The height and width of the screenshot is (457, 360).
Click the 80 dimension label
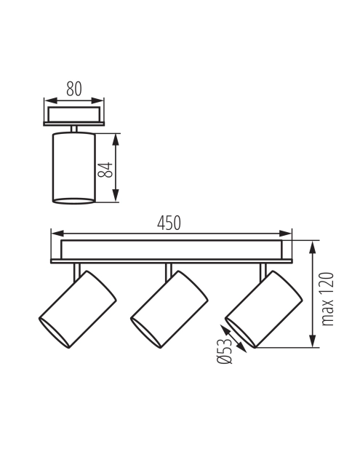[x=74, y=89]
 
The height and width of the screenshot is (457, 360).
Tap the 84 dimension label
[x=105, y=170]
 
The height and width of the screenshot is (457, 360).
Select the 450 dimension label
[x=169, y=223]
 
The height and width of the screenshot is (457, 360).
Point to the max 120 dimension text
[x=327, y=299]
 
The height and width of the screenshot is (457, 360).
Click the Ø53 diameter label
[x=225, y=351]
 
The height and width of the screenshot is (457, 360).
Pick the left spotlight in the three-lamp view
[x=78, y=309]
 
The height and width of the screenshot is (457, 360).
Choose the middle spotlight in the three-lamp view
[x=169, y=309]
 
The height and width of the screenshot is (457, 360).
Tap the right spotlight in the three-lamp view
[x=264, y=309]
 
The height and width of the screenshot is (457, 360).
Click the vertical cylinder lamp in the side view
[x=74, y=168]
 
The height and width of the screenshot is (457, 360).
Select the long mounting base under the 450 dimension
[x=172, y=252]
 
